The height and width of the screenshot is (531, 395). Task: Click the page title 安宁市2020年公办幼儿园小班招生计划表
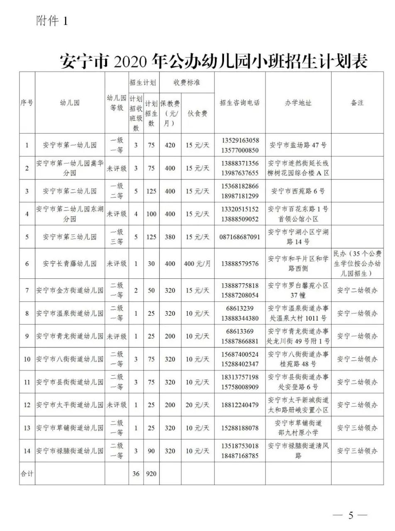[214, 61]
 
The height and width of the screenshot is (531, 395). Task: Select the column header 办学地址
[298, 103]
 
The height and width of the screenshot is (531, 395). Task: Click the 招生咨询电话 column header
[240, 103]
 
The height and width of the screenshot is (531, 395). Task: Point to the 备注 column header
[357, 103]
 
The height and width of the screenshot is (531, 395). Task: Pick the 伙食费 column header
[197, 113]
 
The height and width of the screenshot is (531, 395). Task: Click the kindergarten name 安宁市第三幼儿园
[70, 237]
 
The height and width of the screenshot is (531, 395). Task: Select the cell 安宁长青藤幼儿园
[70, 263]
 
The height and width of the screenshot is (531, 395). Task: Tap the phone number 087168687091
[240, 237]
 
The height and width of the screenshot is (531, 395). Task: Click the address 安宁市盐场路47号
[298, 145]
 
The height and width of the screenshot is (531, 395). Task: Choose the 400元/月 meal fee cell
[197, 263]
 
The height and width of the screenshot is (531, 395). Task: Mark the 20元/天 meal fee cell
[197, 405]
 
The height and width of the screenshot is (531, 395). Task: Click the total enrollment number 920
[151, 473]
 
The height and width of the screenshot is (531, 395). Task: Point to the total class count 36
[136, 473]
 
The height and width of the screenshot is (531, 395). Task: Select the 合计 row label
[27, 473]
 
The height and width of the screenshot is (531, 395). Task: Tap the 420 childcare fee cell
[170, 145]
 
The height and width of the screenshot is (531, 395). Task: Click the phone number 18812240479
[240, 405]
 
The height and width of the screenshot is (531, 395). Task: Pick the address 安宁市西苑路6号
[298, 191]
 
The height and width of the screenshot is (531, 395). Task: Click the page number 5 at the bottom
[351, 516]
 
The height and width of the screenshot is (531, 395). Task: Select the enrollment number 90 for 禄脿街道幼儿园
[151, 451]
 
